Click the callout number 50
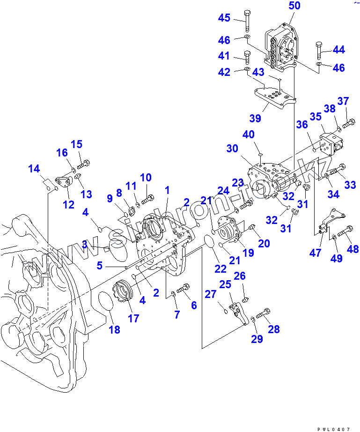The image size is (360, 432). tap(294, 6)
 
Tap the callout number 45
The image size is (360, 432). tap(224, 18)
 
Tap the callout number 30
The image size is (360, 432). tap(232, 149)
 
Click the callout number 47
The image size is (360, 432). tap(316, 253)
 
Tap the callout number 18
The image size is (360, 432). tap(114, 329)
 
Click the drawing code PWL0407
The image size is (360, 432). tap(333, 429)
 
